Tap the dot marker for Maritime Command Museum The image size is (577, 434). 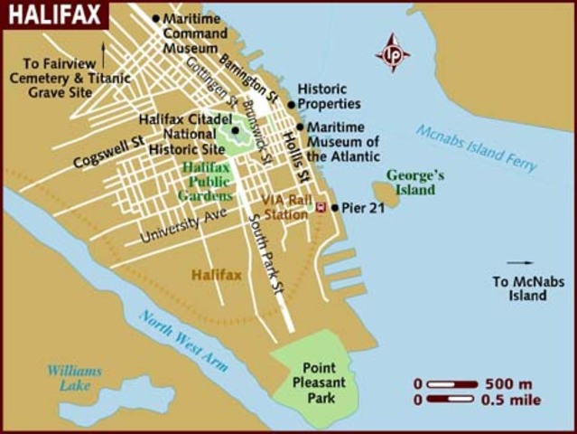click(155, 18)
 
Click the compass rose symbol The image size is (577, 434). click(393, 52)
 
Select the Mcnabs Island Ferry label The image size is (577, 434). click(477, 147)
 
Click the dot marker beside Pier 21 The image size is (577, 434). click(335, 208)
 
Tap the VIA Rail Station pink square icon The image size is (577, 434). click(321, 208)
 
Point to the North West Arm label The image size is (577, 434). click(183, 341)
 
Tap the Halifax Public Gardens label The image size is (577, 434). click(207, 182)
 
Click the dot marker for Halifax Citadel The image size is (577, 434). click(235, 129)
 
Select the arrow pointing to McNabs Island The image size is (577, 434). click(520, 263)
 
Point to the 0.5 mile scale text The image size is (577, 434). click(512, 399)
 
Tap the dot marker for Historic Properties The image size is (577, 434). click(292, 105)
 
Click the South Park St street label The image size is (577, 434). click(268, 245)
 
